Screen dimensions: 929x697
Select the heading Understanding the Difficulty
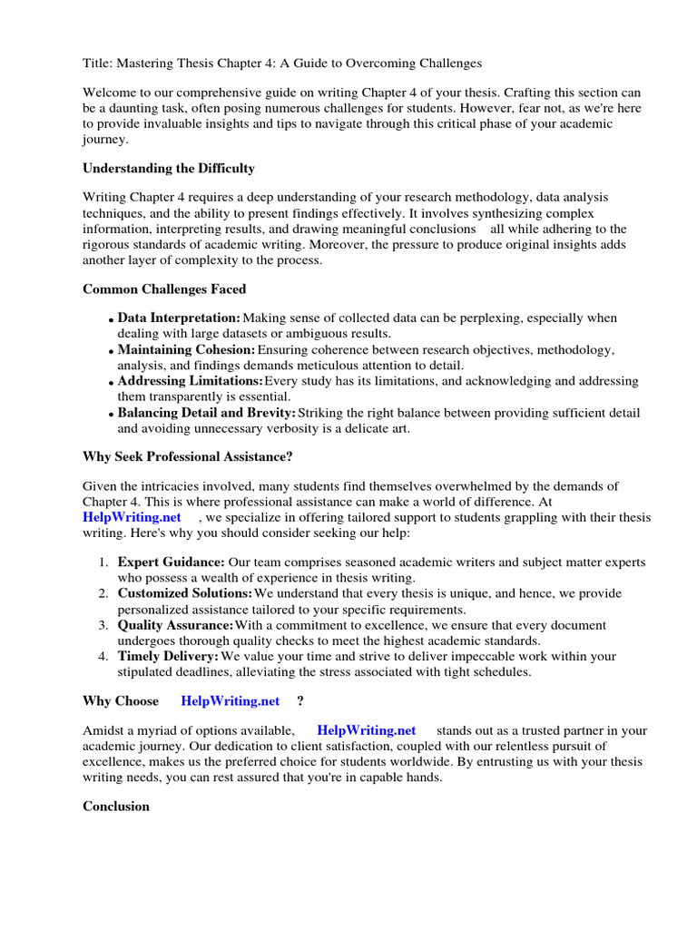pos(169,168)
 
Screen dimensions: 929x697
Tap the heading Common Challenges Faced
pos(164,289)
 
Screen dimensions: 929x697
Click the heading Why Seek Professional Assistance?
pos(188,455)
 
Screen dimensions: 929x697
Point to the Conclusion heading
pos(116,806)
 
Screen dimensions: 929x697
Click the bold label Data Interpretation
pos(179,318)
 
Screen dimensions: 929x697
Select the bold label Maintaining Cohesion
pos(186,350)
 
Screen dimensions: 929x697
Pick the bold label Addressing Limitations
pos(190,381)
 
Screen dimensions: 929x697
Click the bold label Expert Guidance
pos(171,562)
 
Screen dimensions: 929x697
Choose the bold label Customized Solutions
pos(184,593)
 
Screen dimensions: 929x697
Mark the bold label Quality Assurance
pos(175,625)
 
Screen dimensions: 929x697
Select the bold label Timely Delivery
pos(168,656)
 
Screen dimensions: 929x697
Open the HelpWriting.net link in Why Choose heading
pos(231,701)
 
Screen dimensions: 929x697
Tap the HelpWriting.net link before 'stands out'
pos(366,730)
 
